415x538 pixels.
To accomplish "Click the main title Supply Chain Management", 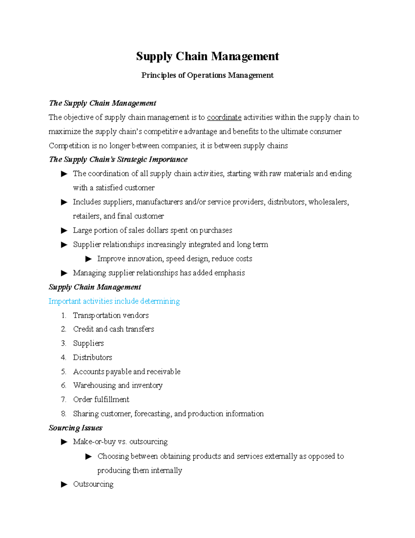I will tap(207, 56).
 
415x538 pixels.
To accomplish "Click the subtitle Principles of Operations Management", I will tap(207, 76).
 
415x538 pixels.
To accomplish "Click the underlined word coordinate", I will tap(224, 117).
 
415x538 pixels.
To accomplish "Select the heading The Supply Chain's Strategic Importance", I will tap(118, 159).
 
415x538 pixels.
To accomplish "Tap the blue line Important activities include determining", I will tap(114, 301).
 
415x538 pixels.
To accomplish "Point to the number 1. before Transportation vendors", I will tap(63, 316).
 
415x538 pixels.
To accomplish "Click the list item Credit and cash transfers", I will tap(113, 329).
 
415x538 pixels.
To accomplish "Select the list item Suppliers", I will tap(88, 343).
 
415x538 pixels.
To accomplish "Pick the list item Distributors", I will tap(92, 358).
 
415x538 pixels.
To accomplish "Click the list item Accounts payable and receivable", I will tap(127, 372).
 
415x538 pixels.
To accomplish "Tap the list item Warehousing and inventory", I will tap(118, 386).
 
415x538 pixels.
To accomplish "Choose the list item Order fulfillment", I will tap(101, 399).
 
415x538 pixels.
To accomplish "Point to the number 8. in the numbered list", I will tap(63, 414).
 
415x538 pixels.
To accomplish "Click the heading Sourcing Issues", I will tap(75, 428).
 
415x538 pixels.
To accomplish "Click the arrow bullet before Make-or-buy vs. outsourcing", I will tap(64, 442).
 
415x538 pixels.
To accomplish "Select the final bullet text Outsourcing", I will tap(93, 484).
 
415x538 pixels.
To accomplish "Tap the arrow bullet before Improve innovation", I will tap(89, 259).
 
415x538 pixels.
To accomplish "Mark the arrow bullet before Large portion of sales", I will tap(64, 230).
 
